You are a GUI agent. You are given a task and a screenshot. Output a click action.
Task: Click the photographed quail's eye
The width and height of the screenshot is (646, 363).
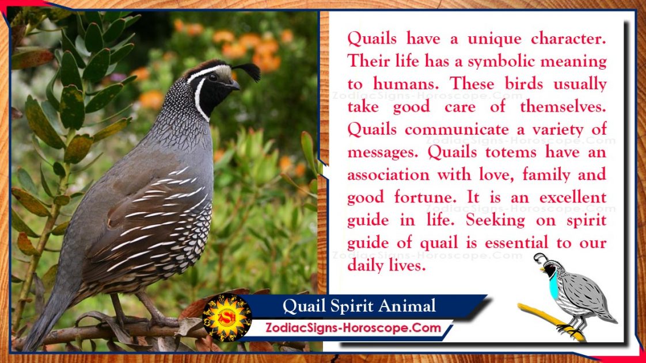click(213, 77)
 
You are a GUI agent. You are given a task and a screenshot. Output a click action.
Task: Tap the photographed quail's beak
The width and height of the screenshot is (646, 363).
click(234, 85)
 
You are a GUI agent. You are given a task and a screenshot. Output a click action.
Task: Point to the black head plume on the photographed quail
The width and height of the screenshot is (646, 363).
click(248, 71)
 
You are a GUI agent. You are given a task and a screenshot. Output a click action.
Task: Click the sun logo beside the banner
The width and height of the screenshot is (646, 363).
click(227, 318)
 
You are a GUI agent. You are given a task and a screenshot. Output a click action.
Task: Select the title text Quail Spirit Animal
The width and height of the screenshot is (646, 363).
click(359, 306)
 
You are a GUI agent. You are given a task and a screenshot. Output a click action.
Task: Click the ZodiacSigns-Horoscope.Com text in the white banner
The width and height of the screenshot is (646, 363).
click(353, 328)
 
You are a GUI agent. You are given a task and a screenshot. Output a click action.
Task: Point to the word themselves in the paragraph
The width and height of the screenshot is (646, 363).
click(563, 107)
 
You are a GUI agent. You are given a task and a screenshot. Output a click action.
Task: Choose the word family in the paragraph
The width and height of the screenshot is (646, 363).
click(546, 175)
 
